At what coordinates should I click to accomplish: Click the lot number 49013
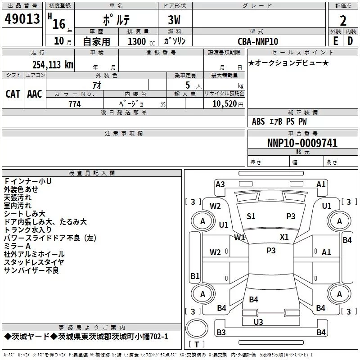tap(22, 19)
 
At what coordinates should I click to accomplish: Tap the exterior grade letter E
tap(335, 41)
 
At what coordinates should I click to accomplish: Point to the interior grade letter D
tap(350, 41)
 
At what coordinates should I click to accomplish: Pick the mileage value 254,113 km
tap(52, 64)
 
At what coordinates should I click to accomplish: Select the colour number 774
tap(74, 104)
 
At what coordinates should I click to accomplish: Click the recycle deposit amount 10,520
tap(224, 104)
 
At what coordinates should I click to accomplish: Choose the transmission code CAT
tap(13, 94)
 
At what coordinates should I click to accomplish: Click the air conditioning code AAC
tap(35, 94)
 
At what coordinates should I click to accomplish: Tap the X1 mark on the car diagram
tap(284, 237)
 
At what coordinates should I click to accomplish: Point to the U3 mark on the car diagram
tap(258, 322)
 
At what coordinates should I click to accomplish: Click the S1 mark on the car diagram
tap(251, 216)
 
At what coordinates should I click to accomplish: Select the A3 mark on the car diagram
tap(220, 184)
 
